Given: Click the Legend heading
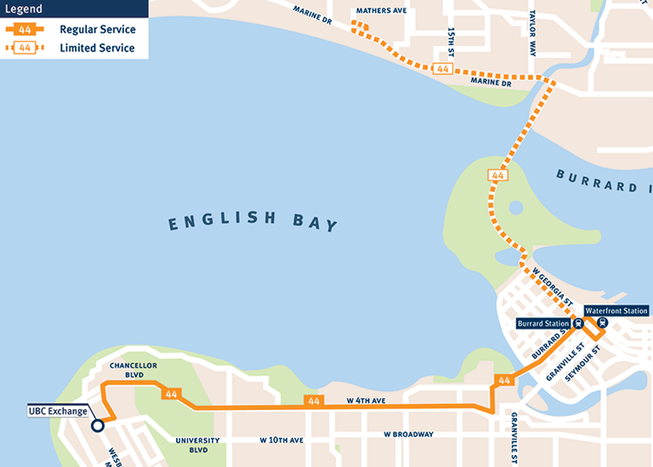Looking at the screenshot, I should (x=25, y=10).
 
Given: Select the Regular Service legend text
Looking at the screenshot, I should (x=97, y=30).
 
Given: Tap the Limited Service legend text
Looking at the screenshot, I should (x=97, y=48).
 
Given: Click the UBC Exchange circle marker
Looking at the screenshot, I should (x=98, y=425).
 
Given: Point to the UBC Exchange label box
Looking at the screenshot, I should (x=58, y=412).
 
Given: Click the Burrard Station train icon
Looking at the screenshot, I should (x=578, y=323).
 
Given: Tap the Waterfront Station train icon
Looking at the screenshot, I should (x=603, y=323).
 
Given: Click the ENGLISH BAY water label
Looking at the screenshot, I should (x=253, y=222).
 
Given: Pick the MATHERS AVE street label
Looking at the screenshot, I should (x=381, y=11).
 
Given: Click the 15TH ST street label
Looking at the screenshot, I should (x=451, y=38).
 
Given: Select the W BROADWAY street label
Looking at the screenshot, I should (x=408, y=435).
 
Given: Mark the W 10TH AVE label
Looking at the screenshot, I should (x=281, y=441).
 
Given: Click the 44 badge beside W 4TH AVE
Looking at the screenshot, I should (x=314, y=401).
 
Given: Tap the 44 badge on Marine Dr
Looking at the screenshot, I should (x=442, y=69).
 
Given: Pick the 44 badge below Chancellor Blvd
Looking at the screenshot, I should (x=172, y=394).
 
